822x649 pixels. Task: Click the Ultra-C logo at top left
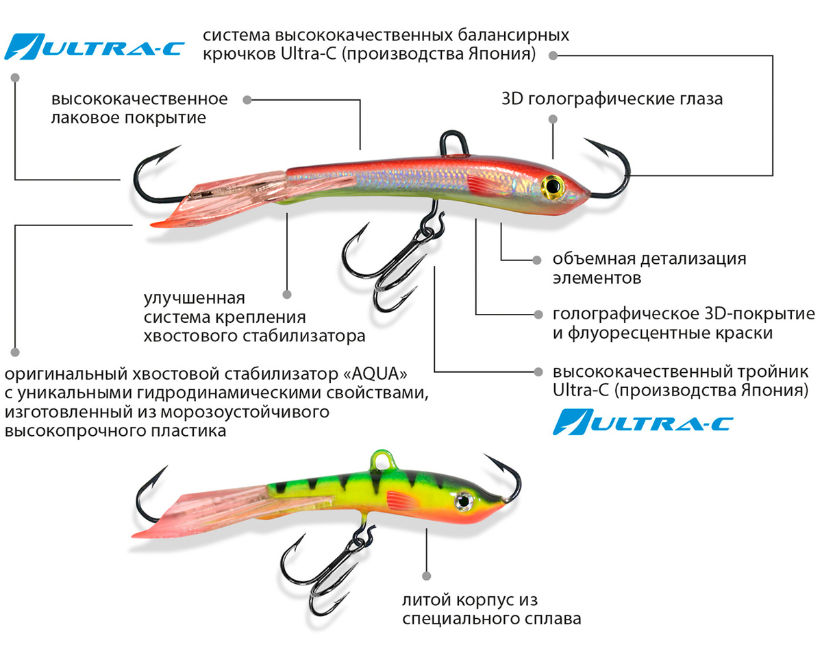tap(95, 47)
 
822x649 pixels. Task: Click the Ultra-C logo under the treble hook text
tap(643, 422)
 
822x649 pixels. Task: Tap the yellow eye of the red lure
tap(553, 186)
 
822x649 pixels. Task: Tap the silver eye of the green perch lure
tap(464, 501)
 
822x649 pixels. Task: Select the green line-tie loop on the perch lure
tap(384, 458)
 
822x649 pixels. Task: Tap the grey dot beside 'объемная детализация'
tap(537, 260)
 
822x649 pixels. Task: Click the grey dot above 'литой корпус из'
tap(427, 576)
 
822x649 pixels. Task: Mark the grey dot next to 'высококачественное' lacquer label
tap(247, 100)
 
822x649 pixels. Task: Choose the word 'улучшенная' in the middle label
tap(195, 298)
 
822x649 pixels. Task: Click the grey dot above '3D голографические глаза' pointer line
tap(553, 119)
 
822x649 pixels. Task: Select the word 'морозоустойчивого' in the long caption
tap(245, 413)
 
